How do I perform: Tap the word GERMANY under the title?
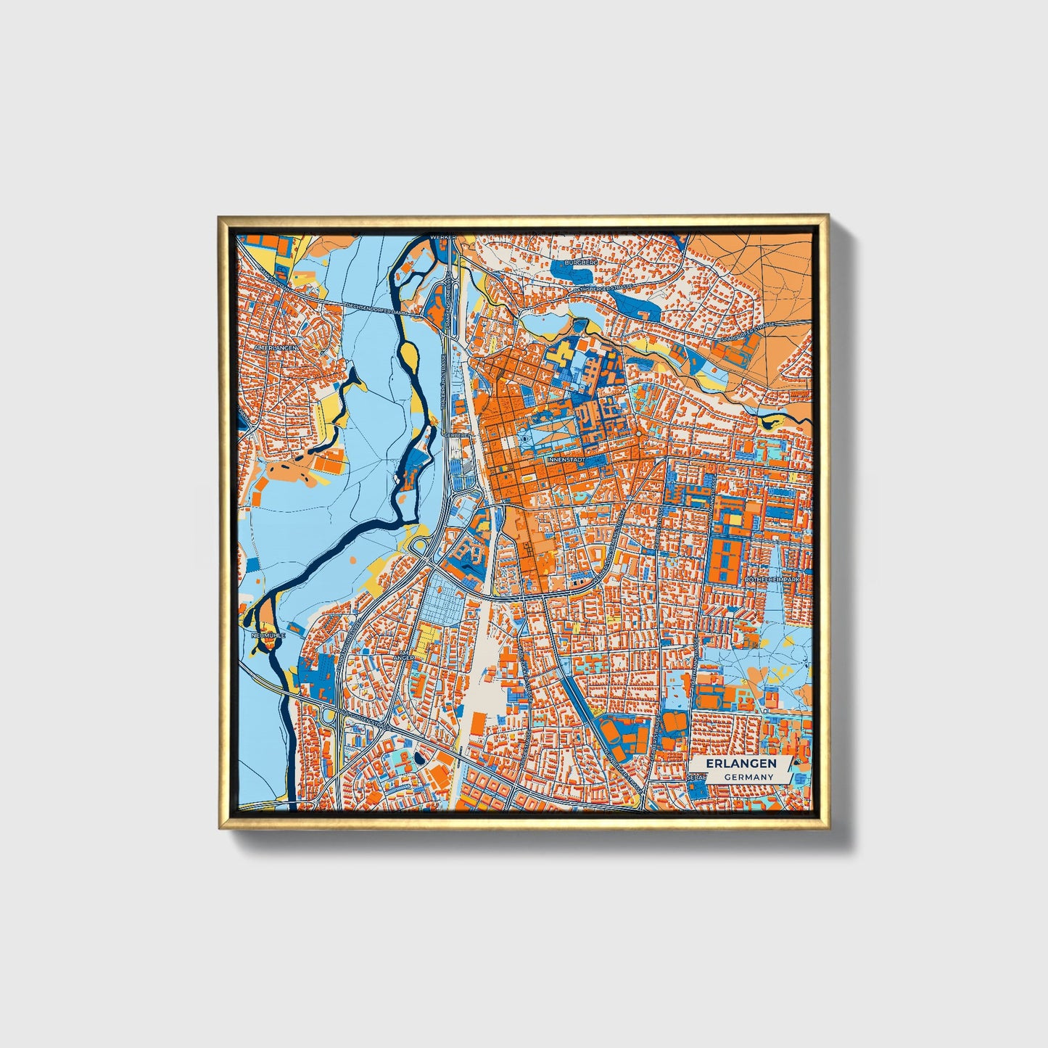(x=748, y=777)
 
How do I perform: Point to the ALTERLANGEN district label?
(x=275, y=347)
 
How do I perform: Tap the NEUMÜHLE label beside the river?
(x=268, y=635)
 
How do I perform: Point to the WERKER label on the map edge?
(x=441, y=236)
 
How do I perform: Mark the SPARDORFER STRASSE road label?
(x=748, y=333)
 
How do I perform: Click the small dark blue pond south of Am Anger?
(x=419, y=759)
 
